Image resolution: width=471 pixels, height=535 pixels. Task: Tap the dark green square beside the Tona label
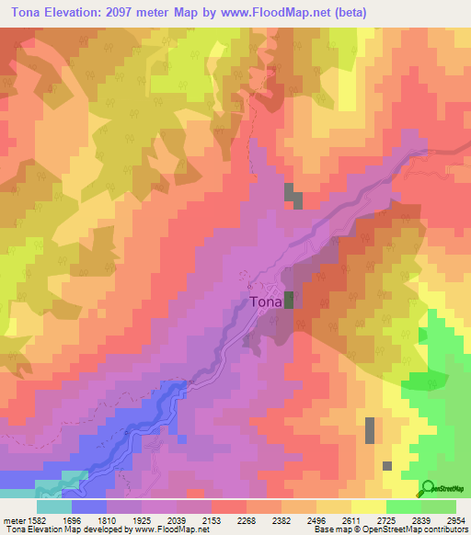click(289, 300)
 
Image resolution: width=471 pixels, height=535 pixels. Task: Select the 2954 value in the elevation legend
click(455, 519)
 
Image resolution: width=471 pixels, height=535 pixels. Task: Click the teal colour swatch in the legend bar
click(53, 507)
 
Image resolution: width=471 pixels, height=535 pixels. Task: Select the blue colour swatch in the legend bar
click(89, 507)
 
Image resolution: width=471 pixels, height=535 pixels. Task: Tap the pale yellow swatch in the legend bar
click(369, 507)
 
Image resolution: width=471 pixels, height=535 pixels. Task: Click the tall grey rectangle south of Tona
click(370, 430)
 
